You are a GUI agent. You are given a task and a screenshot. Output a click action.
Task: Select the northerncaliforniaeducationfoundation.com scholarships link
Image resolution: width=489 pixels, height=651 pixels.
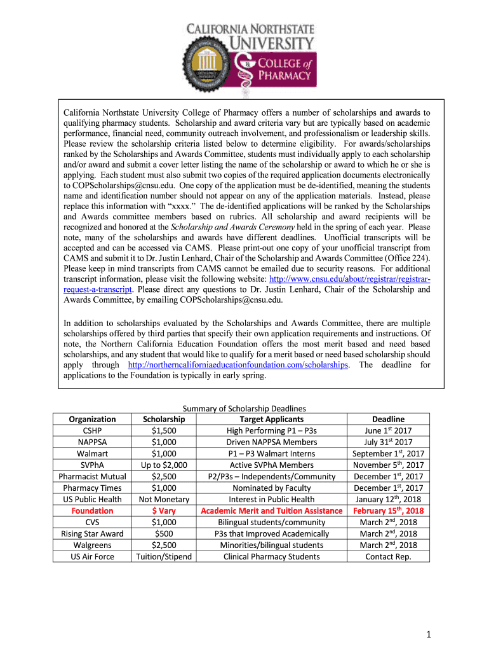(238, 365)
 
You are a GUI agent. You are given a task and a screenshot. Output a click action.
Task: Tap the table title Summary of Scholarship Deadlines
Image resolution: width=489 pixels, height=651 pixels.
(245, 408)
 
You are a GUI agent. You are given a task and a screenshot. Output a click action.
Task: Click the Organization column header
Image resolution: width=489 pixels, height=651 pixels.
(93, 419)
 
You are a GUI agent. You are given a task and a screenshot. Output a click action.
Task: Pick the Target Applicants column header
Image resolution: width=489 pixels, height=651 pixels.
(271, 419)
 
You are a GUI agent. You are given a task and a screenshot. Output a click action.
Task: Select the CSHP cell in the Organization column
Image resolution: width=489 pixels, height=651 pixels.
(93, 430)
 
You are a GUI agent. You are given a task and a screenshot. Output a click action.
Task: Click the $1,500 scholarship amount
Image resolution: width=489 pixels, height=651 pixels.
(164, 430)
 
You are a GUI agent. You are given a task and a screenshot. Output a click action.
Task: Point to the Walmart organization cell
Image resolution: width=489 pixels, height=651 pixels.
(93, 453)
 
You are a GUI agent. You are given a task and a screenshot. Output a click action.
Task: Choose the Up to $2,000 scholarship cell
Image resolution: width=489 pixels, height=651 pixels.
(164, 465)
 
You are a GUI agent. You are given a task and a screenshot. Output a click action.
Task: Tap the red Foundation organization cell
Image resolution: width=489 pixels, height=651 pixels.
(93, 511)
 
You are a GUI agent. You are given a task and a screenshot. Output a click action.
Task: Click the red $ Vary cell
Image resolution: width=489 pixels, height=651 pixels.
(164, 511)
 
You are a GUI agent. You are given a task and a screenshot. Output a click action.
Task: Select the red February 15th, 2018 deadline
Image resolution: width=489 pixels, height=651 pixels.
(388, 511)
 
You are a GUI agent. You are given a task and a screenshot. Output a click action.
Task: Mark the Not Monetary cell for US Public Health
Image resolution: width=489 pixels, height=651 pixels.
(164, 499)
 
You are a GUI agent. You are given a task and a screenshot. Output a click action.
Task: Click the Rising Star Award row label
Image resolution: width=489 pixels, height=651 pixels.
(93, 533)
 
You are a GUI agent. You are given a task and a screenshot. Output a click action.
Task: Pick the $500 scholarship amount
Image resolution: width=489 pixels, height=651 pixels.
(164, 533)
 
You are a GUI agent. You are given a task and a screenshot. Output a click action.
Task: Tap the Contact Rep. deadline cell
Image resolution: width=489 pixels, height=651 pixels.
(388, 556)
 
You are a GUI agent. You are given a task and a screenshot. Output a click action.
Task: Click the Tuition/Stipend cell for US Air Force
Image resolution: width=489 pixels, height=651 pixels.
(164, 556)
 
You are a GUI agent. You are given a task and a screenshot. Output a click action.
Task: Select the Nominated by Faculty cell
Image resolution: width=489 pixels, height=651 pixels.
(271, 488)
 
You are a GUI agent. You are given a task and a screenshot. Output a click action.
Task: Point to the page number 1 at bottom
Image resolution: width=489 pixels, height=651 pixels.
(429, 634)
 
